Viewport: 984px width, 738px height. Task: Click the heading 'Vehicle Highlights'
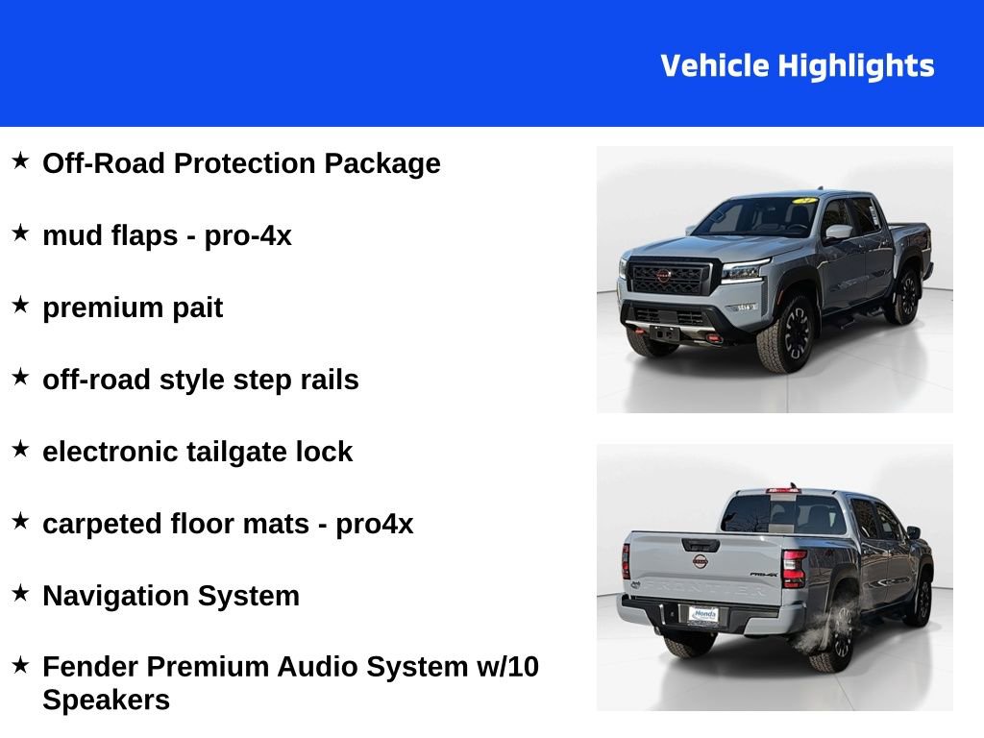(798, 66)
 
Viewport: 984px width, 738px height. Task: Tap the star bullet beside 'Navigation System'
(20, 593)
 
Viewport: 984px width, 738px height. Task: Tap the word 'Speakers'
(106, 700)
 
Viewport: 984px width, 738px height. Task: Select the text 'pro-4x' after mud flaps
(248, 236)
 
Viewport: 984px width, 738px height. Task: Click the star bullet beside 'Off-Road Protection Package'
(20, 160)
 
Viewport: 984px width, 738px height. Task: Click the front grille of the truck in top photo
(667, 279)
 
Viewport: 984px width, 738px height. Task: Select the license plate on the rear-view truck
(702, 615)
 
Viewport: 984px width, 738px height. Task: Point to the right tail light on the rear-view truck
(793, 568)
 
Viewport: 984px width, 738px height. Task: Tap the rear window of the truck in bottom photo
(784, 513)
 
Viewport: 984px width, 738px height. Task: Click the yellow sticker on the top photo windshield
(803, 200)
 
